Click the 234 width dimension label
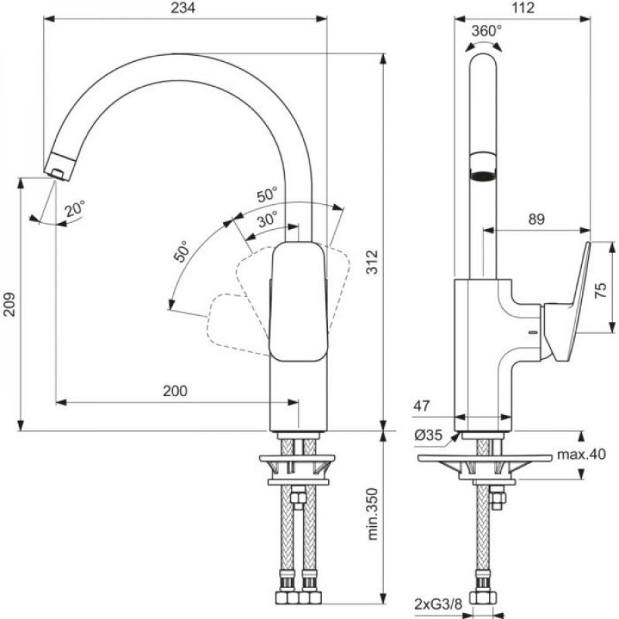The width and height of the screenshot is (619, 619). coord(183,8)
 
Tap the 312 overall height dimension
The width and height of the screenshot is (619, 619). coord(371,262)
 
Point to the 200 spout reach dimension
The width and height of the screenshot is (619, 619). coord(175,391)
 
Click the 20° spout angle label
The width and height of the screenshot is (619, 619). coord(75,209)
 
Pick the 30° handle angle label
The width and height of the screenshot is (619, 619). coord(267,220)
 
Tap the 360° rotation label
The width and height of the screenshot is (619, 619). coord(487,30)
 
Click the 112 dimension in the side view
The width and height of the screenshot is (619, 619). coord(522,8)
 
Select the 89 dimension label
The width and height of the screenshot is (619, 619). coord(537,219)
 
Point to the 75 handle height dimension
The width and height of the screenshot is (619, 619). coord(600,290)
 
